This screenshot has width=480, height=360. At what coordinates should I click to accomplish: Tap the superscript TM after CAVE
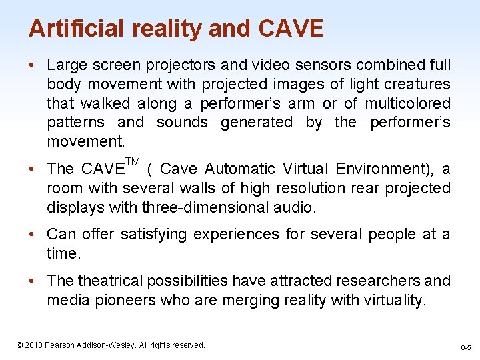tap(133, 162)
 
